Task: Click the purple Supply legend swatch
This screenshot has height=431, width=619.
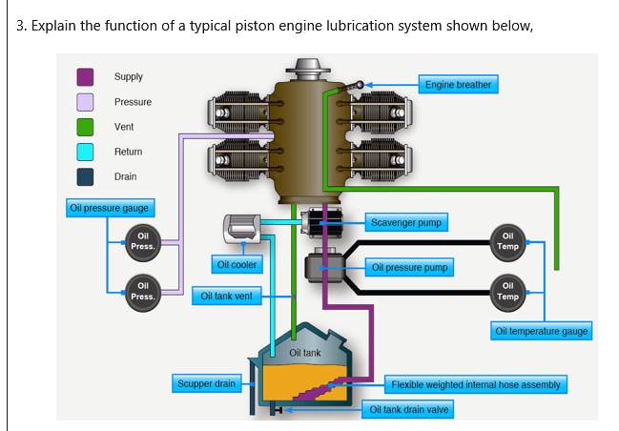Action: click(x=85, y=76)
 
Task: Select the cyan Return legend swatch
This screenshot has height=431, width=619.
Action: click(x=85, y=152)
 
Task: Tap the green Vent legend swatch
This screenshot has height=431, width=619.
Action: click(x=85, y=127)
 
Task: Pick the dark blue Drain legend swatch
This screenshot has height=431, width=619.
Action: click(x=85, y=176)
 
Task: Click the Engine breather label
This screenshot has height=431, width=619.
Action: click(x=458, y=85)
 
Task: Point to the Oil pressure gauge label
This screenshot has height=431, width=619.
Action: click(x=110, y=208)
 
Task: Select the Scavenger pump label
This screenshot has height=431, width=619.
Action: click(x=404, y=223)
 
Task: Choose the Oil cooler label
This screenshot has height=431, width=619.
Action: click(x=237, y=264)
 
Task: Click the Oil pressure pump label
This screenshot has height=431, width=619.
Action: click(x=409, y=268)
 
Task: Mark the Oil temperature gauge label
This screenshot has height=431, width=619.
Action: click(x=542, y=331)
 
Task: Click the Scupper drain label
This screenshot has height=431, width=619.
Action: click(x=206, y=383)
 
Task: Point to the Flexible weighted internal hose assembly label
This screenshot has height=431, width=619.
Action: click(x=477, y=385)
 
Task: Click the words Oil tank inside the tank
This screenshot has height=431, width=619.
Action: click(x=305, y=353)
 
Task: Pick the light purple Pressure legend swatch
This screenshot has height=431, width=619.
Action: click(x=85, y=102)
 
